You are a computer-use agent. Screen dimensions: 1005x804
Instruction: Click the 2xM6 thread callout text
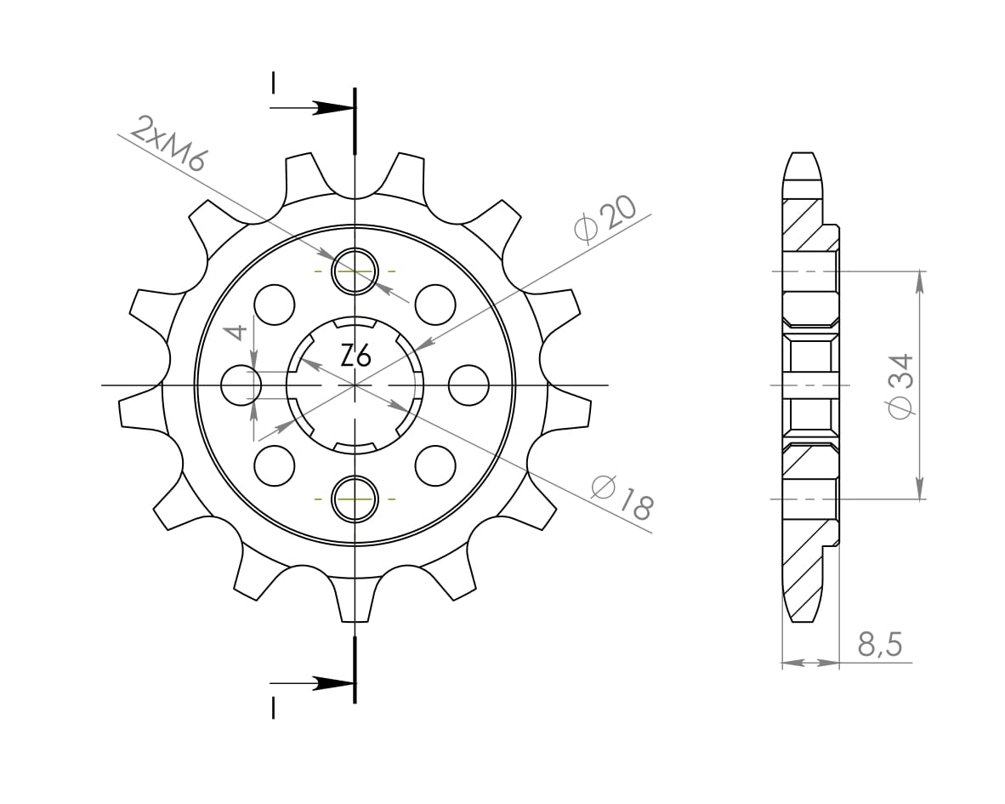(x=168, y=144)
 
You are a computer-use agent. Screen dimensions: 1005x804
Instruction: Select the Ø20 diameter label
(x=605, y=219)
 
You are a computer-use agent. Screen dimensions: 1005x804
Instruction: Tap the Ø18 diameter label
(x=622, y=497)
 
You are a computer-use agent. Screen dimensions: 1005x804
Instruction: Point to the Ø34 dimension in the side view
(x=901, y=385)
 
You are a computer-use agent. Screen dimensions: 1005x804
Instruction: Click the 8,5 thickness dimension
(x=879, y=644)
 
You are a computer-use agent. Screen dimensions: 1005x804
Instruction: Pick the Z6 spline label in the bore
(x=355, y=356)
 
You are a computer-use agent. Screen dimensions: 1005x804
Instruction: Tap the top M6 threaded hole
(x=355, y=271)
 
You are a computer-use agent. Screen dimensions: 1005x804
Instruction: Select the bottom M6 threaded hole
(x=355, y=499)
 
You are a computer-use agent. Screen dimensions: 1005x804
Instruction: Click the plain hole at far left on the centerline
(x=241, y=385)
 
